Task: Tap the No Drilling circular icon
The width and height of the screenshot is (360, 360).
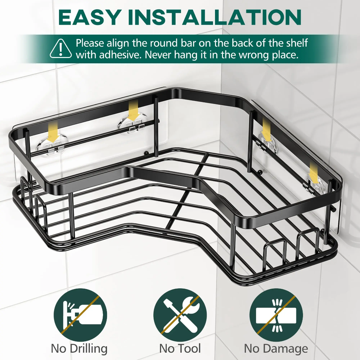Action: coord(80,314)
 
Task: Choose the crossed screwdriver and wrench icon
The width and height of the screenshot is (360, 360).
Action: coord(180,314)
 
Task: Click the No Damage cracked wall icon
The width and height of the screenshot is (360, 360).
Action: coord(276,314)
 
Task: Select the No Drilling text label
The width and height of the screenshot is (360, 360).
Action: coord(79,349)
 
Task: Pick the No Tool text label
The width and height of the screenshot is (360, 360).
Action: coord(180,349)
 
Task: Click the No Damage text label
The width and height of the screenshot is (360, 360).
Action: coord(276,349)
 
